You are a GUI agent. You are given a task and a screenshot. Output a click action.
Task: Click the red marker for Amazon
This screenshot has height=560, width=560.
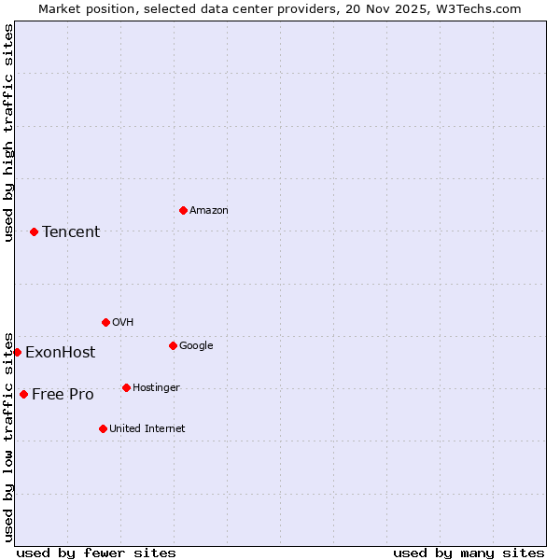(x=183, y=210)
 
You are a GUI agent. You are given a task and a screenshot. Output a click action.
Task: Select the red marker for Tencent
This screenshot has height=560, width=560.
(x=34, y=231)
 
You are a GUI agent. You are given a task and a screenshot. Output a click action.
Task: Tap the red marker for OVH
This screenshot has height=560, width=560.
(x=105, y=322)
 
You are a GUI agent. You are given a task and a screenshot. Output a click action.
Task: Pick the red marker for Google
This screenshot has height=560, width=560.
(x=173, y=345)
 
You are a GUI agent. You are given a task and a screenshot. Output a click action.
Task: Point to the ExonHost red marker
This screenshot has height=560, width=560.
(x=17, y=352)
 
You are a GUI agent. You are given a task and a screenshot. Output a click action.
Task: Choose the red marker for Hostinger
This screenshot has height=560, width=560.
(x=126, y=387)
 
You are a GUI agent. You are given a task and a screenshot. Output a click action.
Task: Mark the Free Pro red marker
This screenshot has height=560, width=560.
(x=23, y=394)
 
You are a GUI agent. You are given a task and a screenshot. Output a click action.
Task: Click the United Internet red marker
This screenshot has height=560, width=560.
(x=103, y=428)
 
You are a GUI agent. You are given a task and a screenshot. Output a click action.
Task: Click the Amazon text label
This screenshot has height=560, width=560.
(x=209, y=211)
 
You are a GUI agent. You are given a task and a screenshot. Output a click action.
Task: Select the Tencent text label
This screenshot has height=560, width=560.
(x=71, y=232)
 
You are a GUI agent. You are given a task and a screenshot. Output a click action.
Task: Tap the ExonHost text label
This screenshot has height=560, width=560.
(x=60, y=353)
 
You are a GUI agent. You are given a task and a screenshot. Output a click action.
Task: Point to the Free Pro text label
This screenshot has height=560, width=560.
(x=63, y=395)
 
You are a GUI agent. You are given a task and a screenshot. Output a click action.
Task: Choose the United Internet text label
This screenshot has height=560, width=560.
(x=147, y=429)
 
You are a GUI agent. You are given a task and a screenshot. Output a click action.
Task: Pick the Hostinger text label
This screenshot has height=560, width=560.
(x=156, y=388)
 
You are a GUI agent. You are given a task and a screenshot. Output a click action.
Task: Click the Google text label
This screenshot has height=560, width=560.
(x=196, y=346)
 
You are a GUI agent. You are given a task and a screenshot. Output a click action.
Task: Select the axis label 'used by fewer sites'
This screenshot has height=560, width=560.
(x=96, y=553)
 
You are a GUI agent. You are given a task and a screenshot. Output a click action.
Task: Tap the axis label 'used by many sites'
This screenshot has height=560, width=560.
(x=469, y=553)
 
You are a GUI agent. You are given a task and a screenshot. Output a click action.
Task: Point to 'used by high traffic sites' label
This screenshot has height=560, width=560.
(x=8, y=133)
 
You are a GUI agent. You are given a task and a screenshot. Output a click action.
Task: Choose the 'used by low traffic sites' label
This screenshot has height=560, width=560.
(x=8, y=436)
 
